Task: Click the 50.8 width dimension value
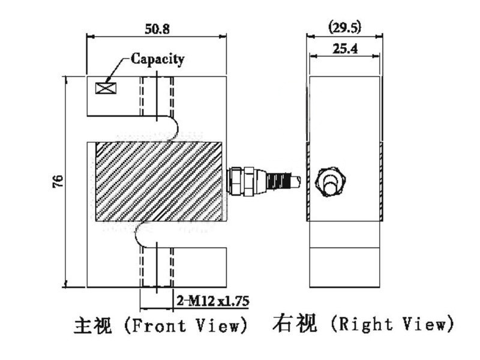[x=157, y=29]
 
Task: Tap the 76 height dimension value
[x=58, y=181]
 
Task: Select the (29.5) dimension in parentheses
[x=344, y=28]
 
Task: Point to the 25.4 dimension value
[x=345, y=49]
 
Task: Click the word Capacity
[x=158, y=59]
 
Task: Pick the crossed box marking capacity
[x=106, y=88]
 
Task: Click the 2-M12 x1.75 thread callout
[x=213, y=301]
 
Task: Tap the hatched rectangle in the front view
[x=159, y=181]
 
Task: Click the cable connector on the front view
[x=263, y=181]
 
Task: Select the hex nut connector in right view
[x=331, y=182]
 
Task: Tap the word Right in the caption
[x=365, y=324]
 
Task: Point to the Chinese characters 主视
[x=93, y=325]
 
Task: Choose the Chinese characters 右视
[x=295, y=323]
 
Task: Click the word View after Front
[x=217, y=325]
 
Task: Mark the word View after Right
[x=424, y=324]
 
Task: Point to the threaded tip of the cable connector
[x=296, y=181]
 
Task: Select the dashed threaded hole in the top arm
[x=157, y=96]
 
